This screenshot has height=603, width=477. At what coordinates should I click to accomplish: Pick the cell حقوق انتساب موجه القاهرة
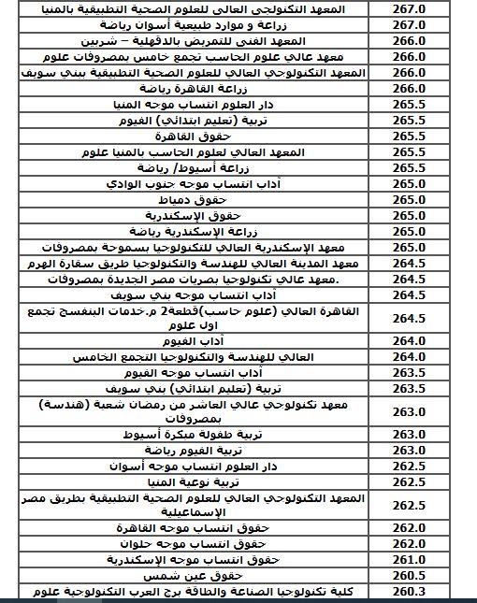point(195,527)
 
